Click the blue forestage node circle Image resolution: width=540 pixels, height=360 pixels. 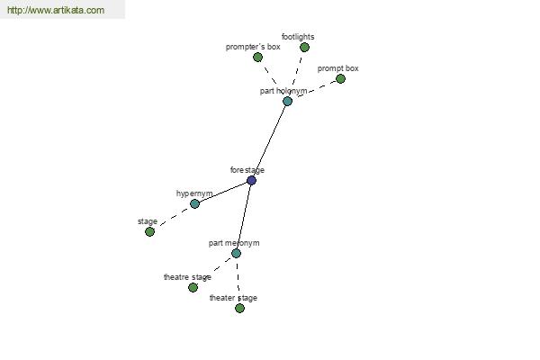pyautogui.click(x=251, y=180)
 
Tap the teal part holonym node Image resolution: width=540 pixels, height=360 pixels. pyautogui.click(x=287, y=101)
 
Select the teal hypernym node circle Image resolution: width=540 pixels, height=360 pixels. pyautogui.click(x=194, y=203)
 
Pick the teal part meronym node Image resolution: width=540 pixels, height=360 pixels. pyautogui.click(x=236, y=253)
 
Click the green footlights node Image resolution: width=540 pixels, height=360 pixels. pyautogui.click(x=304, y=47)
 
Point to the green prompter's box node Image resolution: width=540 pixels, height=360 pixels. pyautogui.click(x=257, y=58)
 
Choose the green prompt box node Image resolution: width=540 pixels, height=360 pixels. pyautogui.click(x=340, y=79)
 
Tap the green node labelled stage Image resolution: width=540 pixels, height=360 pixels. pyautogui.click(x=149, y=231)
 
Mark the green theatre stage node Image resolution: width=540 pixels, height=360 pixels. pyautogui.click(x=193, y=287)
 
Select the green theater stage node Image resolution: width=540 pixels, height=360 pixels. pyautogui.click(x=239, y=308)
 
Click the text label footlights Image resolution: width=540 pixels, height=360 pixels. pyautogui.click(x=298, y=37)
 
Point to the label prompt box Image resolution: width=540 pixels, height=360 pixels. pyautogui.click(x=337, y=68)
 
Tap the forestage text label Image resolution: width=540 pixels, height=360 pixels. pyautogui.click(x=247, y=170)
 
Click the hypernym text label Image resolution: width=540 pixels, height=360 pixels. pyautogui.click(x=194, y=193)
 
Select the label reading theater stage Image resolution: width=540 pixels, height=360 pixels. pyautogui.click(x=233, y=298)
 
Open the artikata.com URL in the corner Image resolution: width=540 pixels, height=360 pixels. pyautogui.click(x=56, y=10)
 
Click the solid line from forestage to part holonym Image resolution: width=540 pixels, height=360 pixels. pyautogui.click(x=269, y=140)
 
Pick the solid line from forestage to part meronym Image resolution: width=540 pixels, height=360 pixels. pyautogui.click(x=244, y=217)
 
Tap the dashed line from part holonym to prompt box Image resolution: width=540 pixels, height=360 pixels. pyautogui.click(x=317, y=88)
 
